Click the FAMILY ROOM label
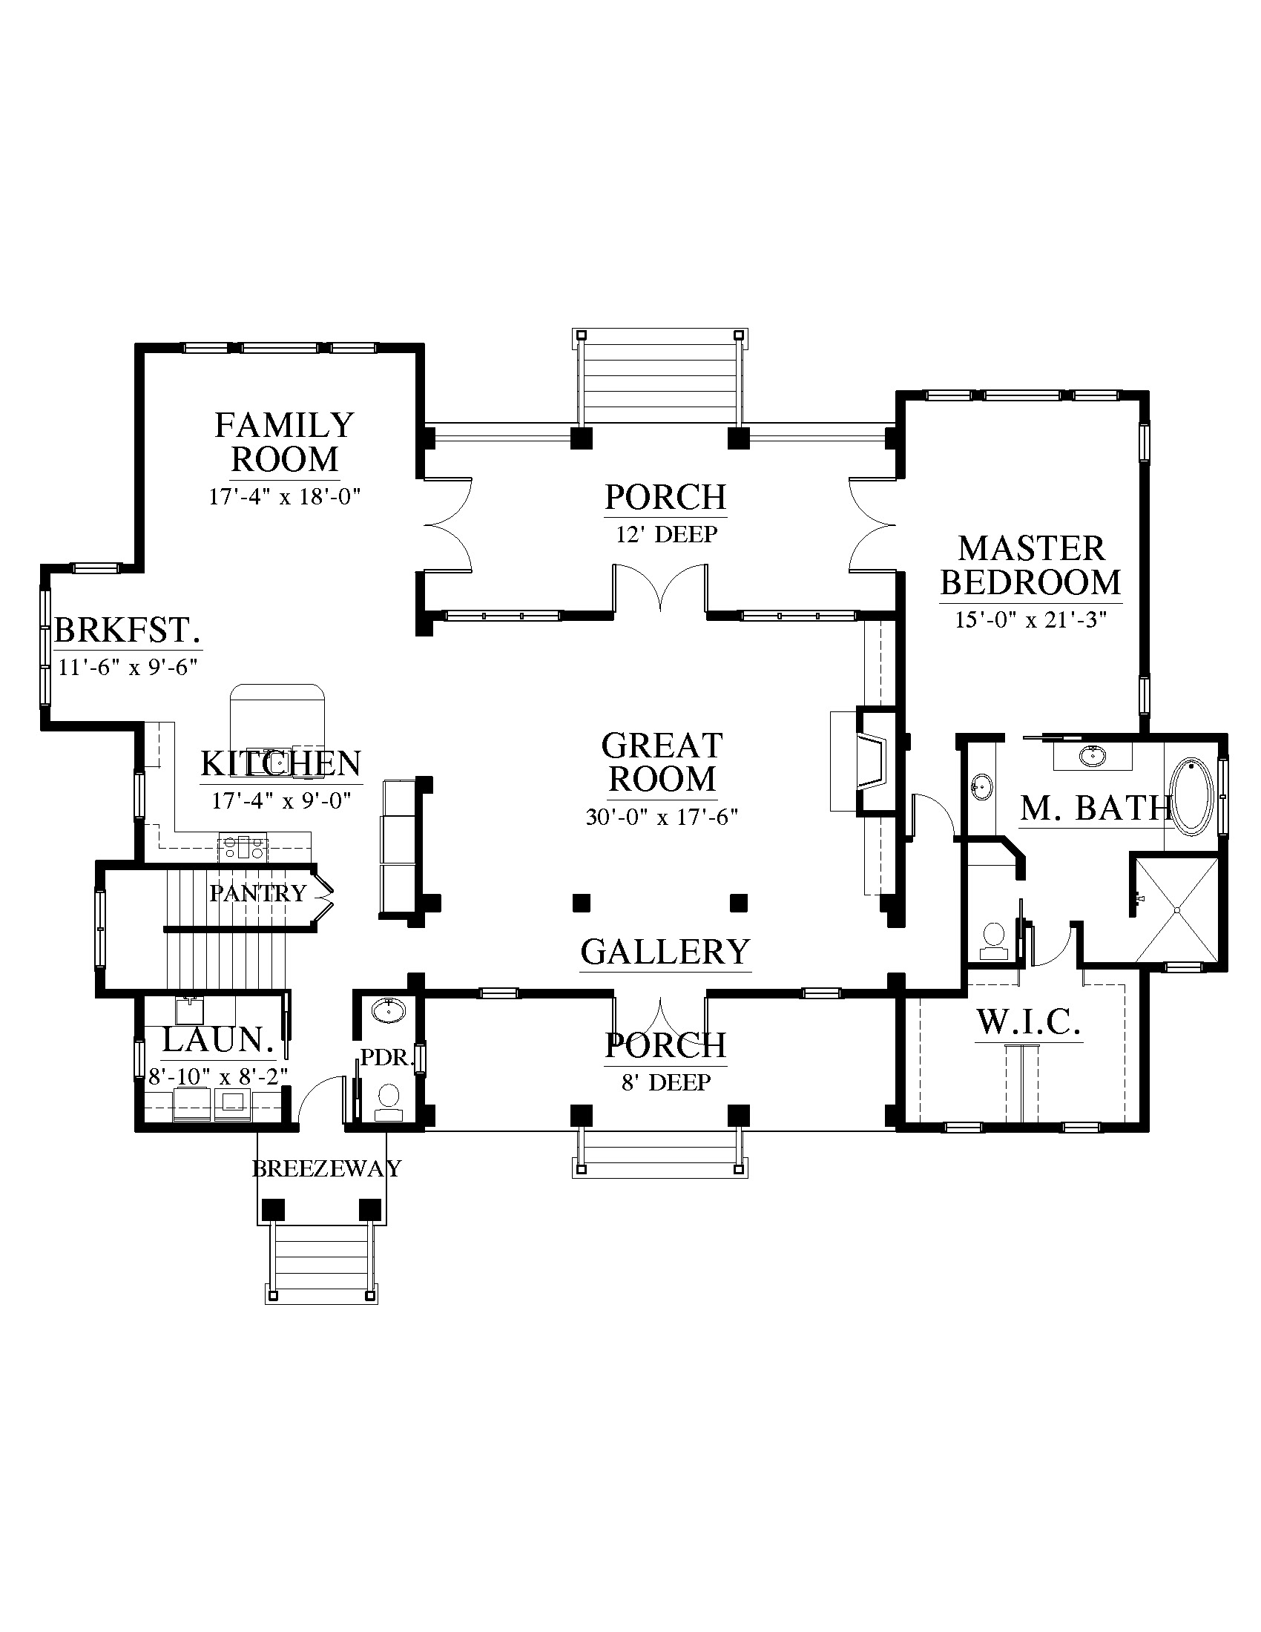pyautogui.click(x=285, y=442)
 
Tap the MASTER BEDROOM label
pyautogui.click(x=1031, y=566)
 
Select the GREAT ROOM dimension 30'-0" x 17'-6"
pyautogui.click(x=662, y=817)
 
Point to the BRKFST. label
pyautogui.click(x=128, y=631)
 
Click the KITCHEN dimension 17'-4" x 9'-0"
pyautogui.click(x=282, y=801)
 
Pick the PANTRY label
pyautogui.click(x=257, y=893)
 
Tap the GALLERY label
pyautogui.click(x=665, y=952)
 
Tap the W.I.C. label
pyautogui.click(x=1029, y=1022)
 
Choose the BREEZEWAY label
pyautogui.click(x=326, y=1168)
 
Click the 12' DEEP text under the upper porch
pyautogui.click(x=666, y=534)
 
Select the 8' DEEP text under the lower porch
pyautogui.click(x=666, y=1082)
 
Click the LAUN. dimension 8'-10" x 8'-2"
pyautogui.click(x=218, y=1077)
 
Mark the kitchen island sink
pyautogui.click(x=278, y=761)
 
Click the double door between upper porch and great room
pyautogui.click(x=660, y=588)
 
